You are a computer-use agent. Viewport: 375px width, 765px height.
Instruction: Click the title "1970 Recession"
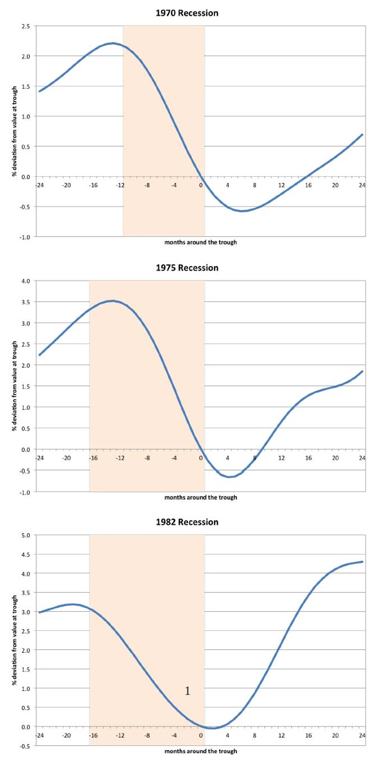[187, 13]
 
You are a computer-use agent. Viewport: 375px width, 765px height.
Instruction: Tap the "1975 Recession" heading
[187, 268]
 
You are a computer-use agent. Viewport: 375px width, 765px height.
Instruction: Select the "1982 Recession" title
[187, 522]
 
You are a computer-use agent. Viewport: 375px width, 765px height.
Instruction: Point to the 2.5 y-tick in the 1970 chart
[25, 26]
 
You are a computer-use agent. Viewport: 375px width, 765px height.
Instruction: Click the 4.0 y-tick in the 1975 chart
[25, 281]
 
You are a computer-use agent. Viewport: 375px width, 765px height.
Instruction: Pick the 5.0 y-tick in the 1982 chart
[25, 535]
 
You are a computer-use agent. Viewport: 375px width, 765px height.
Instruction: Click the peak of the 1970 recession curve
[113, 43]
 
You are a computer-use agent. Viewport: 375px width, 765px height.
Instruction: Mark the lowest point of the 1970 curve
[242, 211]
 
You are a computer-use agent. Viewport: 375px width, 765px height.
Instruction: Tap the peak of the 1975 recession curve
[113, 300]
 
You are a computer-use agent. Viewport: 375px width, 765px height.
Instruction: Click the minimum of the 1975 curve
[229, 477]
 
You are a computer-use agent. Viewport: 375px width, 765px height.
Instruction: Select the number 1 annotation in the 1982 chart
[187, 691]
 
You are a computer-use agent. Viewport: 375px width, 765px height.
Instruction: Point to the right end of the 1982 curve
[362, 562]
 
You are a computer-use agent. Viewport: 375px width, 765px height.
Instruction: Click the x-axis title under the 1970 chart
[200, 242]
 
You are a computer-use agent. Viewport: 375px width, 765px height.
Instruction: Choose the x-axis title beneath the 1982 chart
[200, 751]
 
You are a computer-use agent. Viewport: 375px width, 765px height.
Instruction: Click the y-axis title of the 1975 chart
[14, 386]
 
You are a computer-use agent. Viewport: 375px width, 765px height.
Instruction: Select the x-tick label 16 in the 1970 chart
[308, 185]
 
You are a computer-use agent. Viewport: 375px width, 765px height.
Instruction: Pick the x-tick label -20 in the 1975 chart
[66, 458]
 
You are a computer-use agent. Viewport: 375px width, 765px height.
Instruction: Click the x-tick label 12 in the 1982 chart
[281, 735]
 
